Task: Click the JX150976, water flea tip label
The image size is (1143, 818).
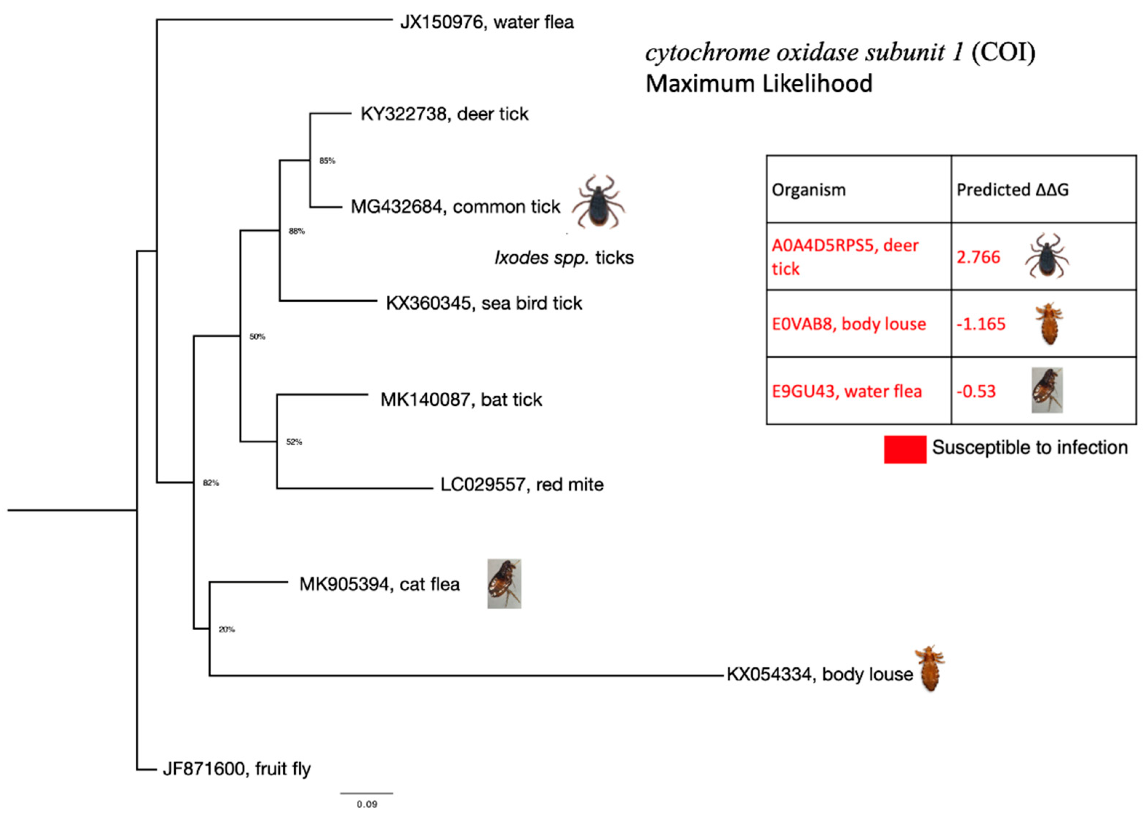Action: click(x=486, y=22)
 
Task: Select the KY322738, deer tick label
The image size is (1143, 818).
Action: click(x=444, y=114)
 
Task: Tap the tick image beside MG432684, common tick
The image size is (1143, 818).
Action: click(x=598, y=202)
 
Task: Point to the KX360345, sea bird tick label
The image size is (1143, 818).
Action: click(x=483, y=303)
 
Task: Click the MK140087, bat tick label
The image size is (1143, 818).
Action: click(x=461, y=400)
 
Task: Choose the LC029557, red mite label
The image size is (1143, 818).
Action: click(x=522, y=484)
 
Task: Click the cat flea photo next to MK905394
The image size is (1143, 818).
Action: click(x=504, y=583)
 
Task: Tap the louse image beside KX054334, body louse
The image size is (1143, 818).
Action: click(x=929, y=668)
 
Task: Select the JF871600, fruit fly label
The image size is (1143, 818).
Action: click(x=237, y=769)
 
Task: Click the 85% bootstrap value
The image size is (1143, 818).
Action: click(x=327, y=161)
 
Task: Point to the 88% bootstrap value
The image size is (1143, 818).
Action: click(x=296, y=231)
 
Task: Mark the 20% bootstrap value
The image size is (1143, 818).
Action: click(x=227, y=629)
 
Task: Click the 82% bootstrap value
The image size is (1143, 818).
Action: click(x=211, y=483)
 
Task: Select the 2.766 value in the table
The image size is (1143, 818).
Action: click(x=978, y=257)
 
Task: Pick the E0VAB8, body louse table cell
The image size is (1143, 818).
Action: click(x=848, y=323)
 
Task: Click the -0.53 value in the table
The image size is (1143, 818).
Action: click(x=976, y=391)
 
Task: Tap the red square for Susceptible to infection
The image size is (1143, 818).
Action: click(x=905, y=449)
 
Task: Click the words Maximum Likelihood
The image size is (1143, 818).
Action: click(x=759, y=84)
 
